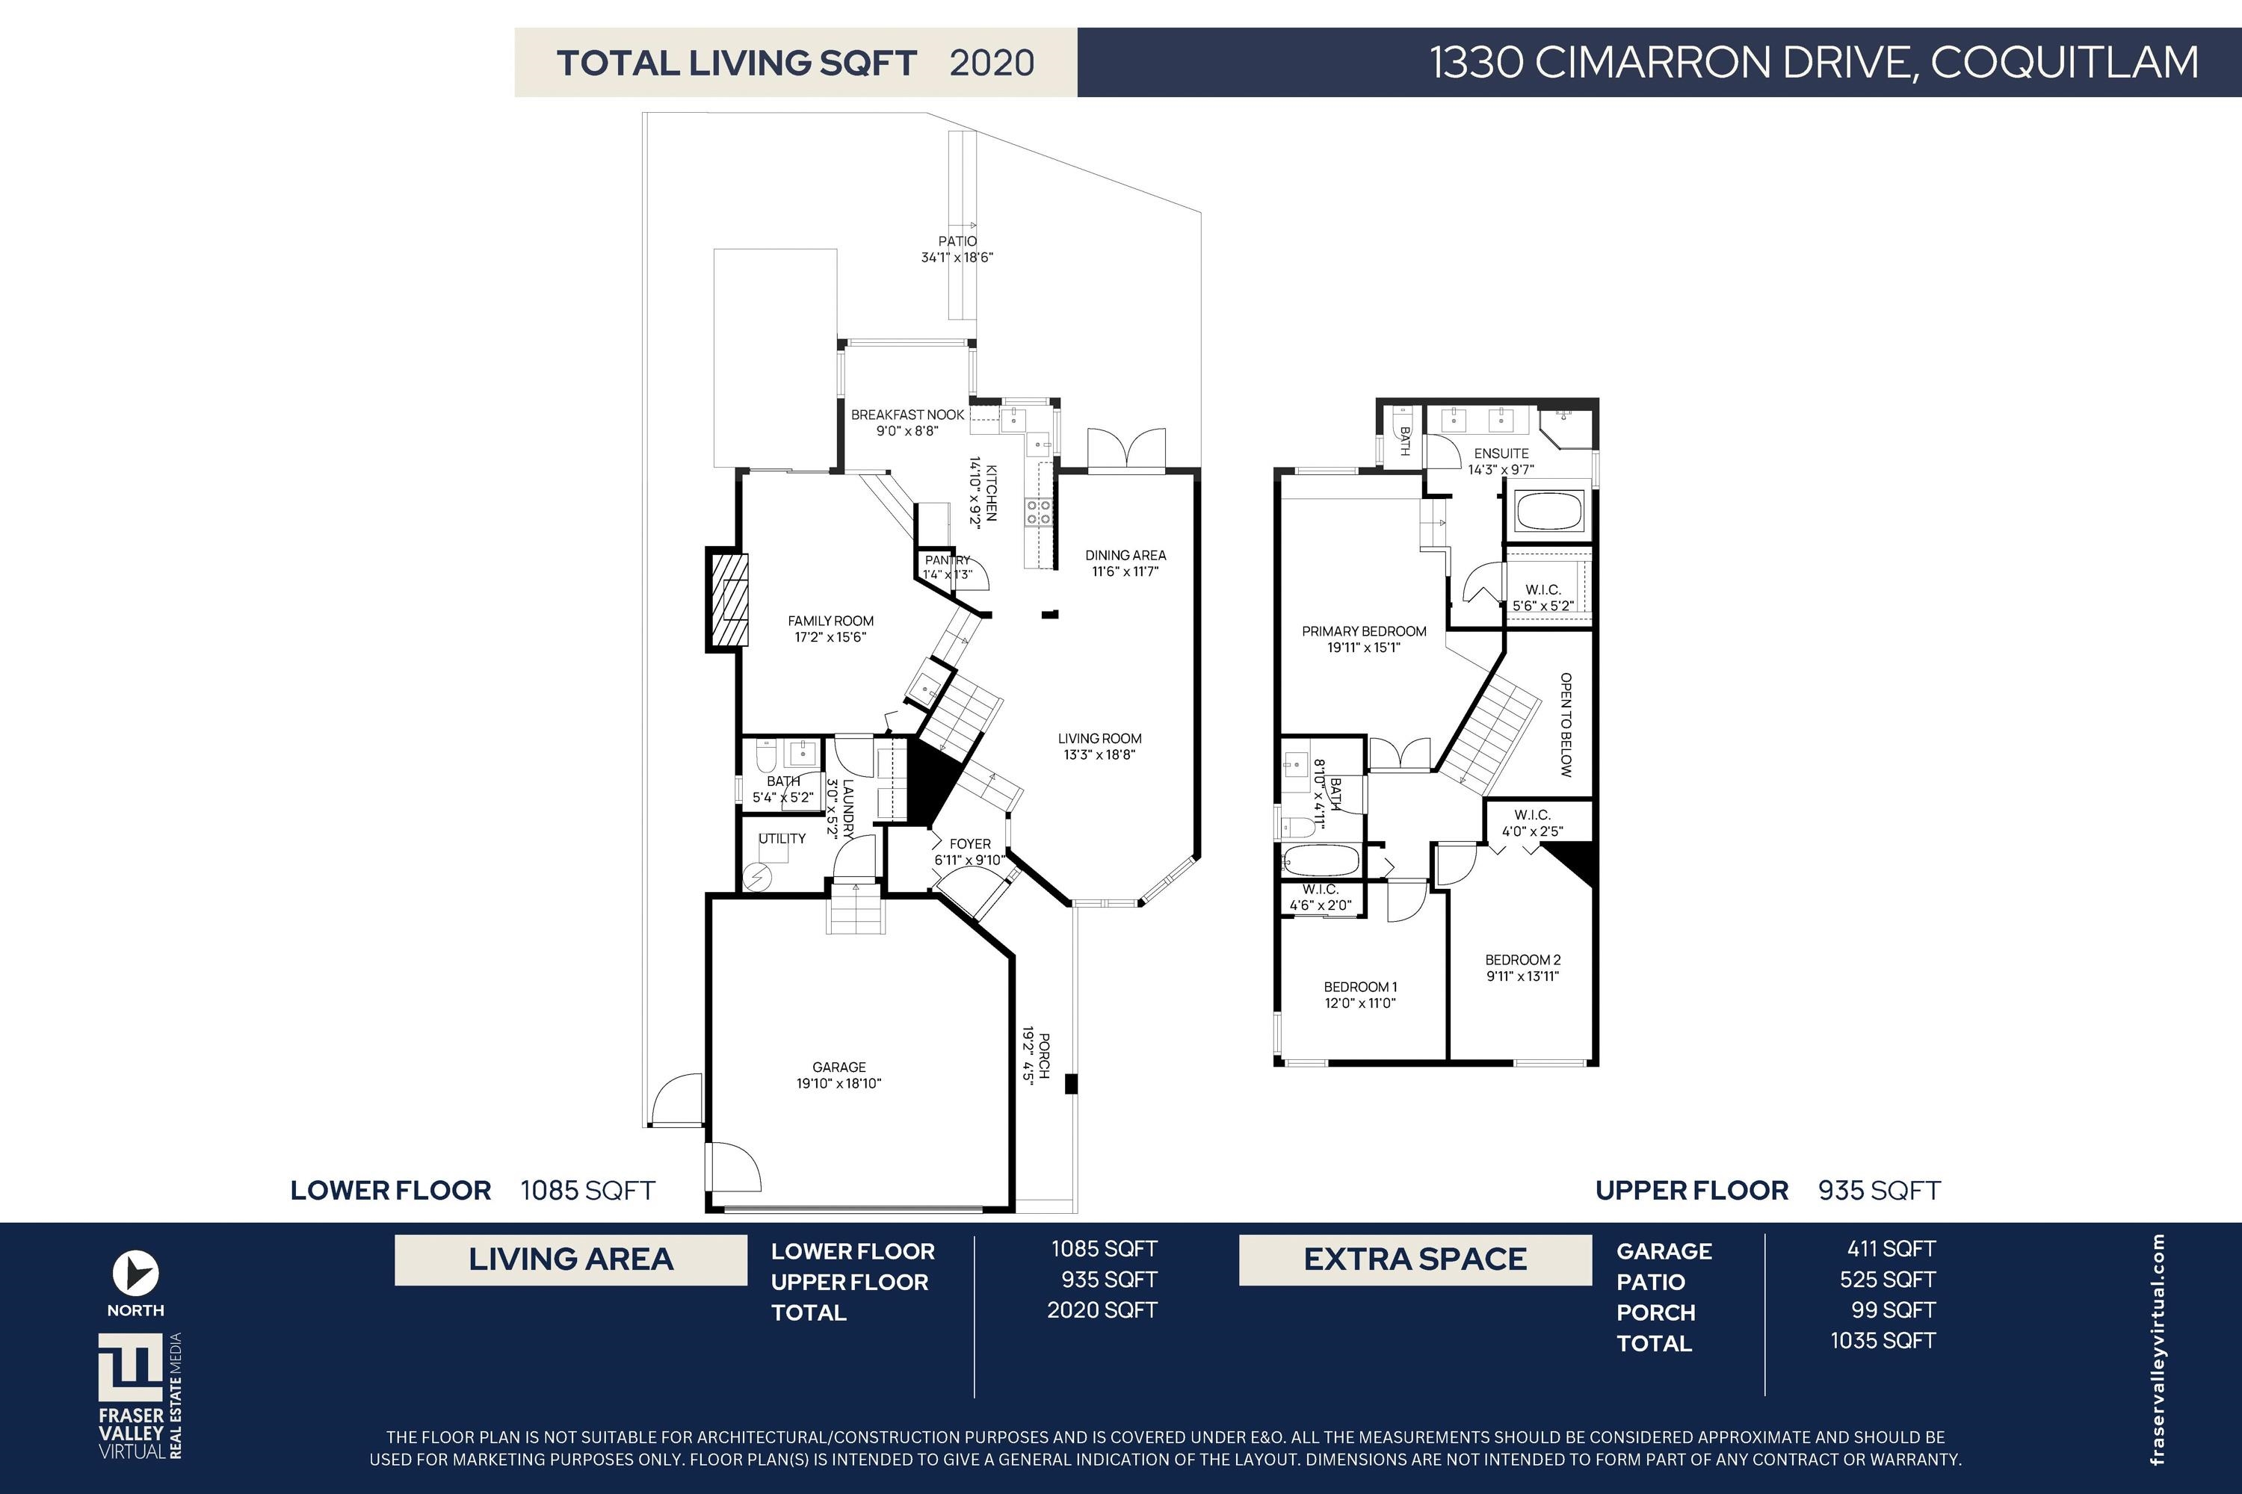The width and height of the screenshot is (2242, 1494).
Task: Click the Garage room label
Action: point(839,1067)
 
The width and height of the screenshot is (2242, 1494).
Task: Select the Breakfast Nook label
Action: point(907,415)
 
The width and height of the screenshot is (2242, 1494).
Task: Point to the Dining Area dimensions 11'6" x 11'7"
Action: point(1125,571)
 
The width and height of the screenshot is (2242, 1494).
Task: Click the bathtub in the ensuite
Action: point(1550,512)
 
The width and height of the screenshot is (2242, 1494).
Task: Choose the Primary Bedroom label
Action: point(1364,630)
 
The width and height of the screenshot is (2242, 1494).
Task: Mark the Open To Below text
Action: point(1565,724)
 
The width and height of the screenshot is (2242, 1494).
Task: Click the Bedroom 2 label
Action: point(1522,959)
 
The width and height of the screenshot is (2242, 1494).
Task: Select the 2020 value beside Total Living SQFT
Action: point(992,63)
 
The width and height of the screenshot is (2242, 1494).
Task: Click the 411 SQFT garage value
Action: point(1892,1248)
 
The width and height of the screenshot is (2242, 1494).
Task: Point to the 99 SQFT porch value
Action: point(1894,1310)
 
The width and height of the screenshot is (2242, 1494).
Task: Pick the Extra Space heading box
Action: point(1415,1259)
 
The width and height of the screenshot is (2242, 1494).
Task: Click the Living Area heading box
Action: point(571,1259)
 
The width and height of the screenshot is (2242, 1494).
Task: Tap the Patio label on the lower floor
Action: point(957,241)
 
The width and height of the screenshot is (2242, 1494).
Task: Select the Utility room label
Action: point(782,838)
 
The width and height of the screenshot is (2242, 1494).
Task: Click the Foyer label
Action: point(969,843)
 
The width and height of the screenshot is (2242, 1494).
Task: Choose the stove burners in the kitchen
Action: point(1039,512)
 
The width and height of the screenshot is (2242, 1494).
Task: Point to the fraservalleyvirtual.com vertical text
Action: point(2158,1349)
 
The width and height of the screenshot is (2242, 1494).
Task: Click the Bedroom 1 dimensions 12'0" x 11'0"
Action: point(1360,1002)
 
